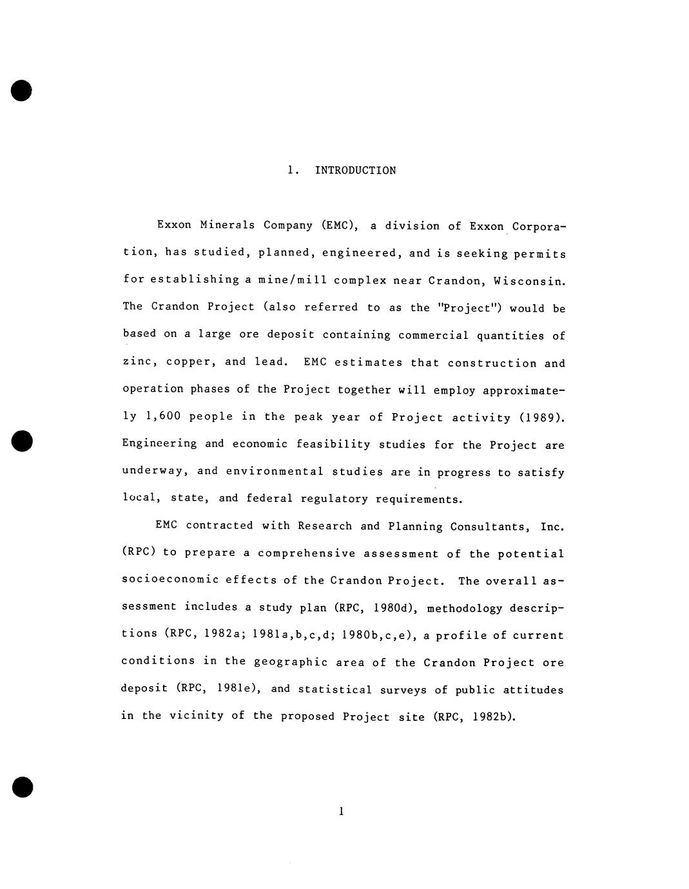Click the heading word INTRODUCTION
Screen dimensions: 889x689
(355, 171)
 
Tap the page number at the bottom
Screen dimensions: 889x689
(341, 811)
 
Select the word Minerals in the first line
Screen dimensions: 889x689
(227, 225)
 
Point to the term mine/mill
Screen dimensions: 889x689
(281, 280)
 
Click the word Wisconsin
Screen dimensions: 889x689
(529, 281)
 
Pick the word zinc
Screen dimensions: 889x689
(138, 362)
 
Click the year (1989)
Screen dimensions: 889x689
(541, 417)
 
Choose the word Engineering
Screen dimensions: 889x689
(159, 444)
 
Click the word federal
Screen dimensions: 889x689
(269, 499)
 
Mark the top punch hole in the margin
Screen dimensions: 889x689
(21, 91)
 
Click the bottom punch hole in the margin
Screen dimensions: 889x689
(22, 787)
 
